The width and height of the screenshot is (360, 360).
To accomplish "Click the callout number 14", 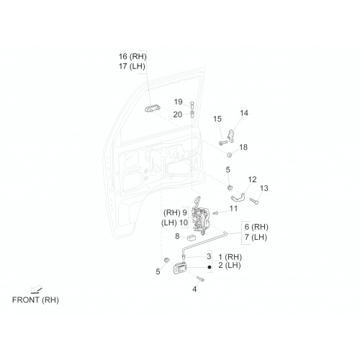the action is pos(244,113).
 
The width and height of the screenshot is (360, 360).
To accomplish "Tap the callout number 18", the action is pos(243,147).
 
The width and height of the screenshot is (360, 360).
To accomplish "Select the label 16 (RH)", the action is pos(132,57).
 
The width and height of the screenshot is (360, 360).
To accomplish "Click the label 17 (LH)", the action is pos(132,66).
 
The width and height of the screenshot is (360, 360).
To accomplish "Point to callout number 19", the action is pos(179,102).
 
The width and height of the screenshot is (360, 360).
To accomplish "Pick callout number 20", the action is pos(178,114).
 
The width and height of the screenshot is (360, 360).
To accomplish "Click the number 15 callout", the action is pos(217,119).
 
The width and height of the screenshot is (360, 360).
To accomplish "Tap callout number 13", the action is pos(264,188).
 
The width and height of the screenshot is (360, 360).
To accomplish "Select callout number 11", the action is pos(233,208).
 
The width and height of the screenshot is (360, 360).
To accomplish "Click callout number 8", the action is pos(177,236).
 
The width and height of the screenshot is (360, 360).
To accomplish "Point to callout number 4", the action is pos(194,289).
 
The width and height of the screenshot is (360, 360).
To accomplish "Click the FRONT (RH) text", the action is pos(35,300).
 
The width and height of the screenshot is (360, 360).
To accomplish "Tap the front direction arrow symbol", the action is pos(36,290).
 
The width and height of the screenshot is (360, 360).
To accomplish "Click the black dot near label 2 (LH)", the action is pos(210,267).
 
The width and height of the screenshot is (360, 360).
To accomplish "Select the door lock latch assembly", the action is pos(201,215).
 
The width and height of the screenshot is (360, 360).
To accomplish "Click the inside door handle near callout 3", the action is pos(179,268).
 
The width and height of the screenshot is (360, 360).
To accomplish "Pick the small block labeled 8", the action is pos(192,238).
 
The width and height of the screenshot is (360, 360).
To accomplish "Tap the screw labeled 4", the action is pos(200,279).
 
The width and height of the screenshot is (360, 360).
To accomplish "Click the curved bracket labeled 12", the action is pos(238,197).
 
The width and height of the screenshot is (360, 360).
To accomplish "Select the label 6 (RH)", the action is pos(256,227).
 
